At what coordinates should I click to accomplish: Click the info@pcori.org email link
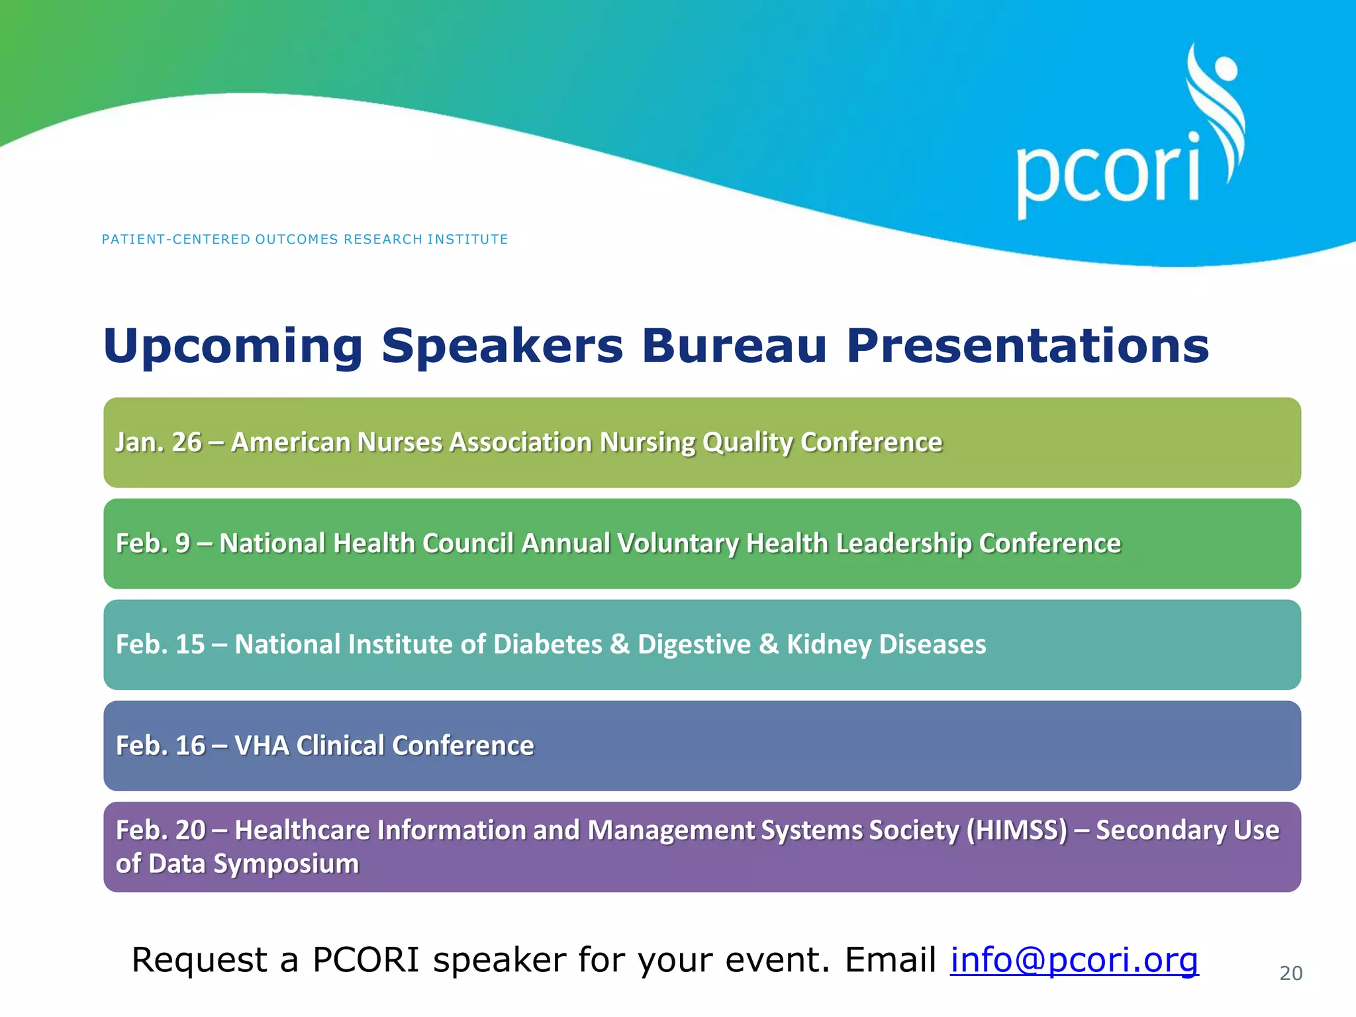pyautogui.click(x=1074, y=960)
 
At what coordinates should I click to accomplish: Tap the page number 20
pyautogui.click(x=1290, y=973)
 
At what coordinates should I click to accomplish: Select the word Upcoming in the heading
pyautogui.click(x=232, y=347)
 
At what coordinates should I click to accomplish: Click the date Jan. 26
pyautogui.click(x=158, y=442)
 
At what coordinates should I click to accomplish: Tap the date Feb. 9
pyautogui.click(x=152, y=544)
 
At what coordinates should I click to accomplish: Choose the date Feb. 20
pyautogui.click(x=160, y=830)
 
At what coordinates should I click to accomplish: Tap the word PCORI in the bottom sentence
pyautogui.click(x=365, y=960)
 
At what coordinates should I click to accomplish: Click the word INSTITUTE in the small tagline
pyautogui.click(x=467, y=240)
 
